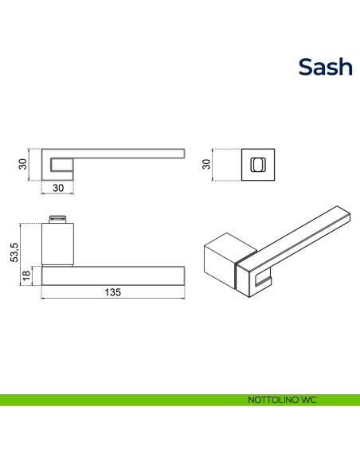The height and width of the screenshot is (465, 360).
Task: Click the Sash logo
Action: pos(325,67)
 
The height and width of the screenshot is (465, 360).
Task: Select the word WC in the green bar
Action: pos(309,400)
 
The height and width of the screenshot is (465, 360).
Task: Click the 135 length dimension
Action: pos(112,292)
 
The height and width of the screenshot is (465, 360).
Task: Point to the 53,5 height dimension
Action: pos(14,252)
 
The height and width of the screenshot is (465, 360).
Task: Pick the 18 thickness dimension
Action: pos(26,275)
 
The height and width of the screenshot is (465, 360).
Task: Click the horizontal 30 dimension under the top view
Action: pos(58,188)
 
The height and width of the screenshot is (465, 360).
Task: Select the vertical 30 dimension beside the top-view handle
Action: pos(22,164)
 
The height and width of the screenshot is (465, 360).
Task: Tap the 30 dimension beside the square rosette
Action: pos(206,164)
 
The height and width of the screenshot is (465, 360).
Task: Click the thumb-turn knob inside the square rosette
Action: pos(258,165)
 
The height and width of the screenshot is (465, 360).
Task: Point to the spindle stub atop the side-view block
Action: pos(57,219)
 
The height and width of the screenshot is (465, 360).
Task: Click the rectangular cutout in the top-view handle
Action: pos(61,165)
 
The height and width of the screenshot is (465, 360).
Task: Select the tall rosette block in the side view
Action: pos(57,244)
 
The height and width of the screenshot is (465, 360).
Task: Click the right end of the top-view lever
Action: pos(185,154)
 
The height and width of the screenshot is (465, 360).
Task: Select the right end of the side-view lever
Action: pos(185,275)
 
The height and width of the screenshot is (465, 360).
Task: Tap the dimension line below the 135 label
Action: pos(113,298)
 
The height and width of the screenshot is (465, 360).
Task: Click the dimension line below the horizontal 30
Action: pos(57,193)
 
